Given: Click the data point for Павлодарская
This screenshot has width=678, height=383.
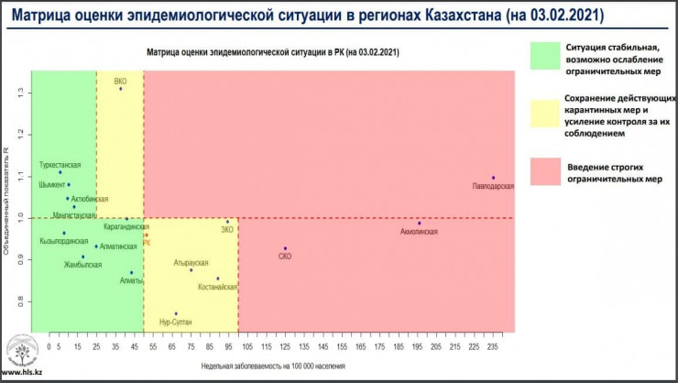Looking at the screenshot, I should pos(493,178).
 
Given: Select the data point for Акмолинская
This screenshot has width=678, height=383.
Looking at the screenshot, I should pos(419,223).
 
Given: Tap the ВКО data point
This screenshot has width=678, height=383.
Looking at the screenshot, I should pos(120,88).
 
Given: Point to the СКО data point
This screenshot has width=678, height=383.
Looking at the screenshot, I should pos(285,248).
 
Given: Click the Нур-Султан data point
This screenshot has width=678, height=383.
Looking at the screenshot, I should pos(176,313).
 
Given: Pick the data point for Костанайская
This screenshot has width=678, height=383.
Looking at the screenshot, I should pos(217,279).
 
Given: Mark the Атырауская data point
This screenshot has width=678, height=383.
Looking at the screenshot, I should pos(191,270).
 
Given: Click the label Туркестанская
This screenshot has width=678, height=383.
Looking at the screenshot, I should pos(60,165).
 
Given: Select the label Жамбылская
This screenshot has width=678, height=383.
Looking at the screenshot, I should pos(82,265).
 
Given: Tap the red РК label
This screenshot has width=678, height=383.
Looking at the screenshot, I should pos(147,243).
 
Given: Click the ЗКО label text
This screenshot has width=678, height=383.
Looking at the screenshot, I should pos(228,229).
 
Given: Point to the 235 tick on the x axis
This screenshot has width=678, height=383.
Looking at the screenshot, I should pos(492,349).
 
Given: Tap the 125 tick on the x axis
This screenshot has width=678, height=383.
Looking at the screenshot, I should pos(285,349).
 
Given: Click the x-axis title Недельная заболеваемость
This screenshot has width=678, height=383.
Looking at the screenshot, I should pos(274,366).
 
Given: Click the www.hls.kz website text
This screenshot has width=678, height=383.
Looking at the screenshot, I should pos(21,373).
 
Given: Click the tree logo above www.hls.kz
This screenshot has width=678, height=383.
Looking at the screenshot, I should pos(22,351).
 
